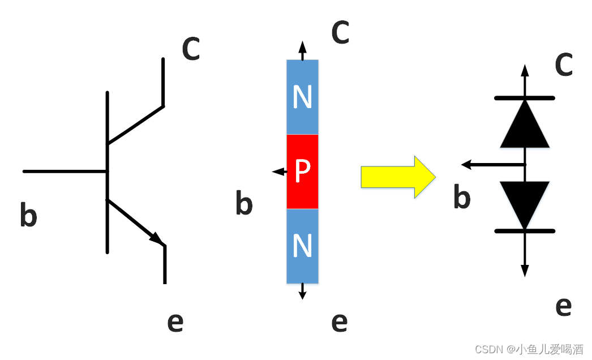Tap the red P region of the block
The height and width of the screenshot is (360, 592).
click(303, 172)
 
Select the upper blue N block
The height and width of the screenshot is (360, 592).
click(303, 97)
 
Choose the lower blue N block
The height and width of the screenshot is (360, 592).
click(303, 246)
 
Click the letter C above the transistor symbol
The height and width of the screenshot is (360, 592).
click(191, 49)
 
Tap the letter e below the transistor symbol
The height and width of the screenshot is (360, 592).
click(175, 322)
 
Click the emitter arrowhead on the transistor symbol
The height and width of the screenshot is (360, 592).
click(157, 238)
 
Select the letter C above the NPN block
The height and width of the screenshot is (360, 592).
click(340, 33)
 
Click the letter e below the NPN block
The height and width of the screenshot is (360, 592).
click(339, 322)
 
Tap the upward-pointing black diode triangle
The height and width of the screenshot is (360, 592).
click(525, 125)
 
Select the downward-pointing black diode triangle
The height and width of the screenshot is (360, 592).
click(525, 202)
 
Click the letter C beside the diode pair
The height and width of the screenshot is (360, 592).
click(564, 66)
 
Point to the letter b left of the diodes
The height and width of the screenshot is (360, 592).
click(462, 198)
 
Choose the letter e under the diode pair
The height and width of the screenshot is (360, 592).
click(563, 306)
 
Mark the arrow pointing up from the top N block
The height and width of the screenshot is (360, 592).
click(303, 50)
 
